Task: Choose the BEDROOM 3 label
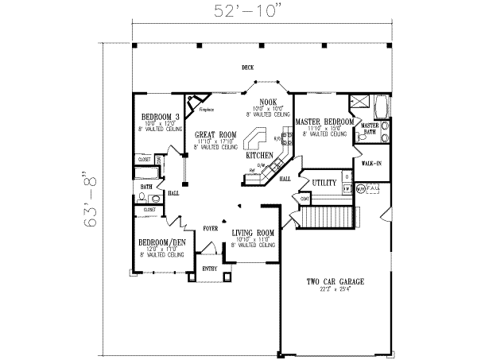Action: (x=153, y=117)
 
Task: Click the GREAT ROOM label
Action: (x=215, y=136)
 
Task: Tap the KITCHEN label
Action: (x=259, y=155)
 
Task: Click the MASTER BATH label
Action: (x=370, y=129)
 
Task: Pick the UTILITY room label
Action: (x=325, y=183)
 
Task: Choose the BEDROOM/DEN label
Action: (x=157, y=242)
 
